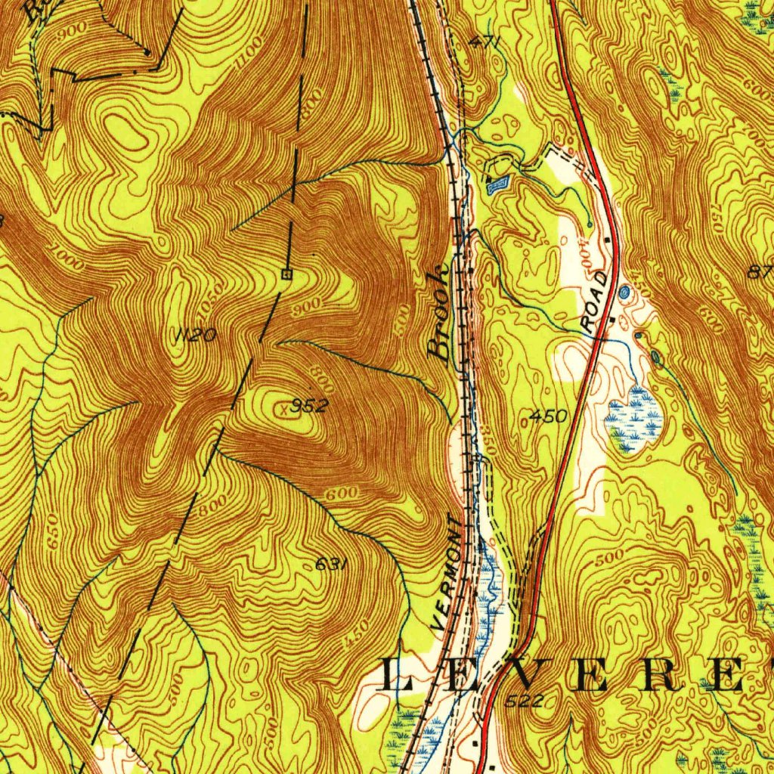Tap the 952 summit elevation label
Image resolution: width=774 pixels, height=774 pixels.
[311, 407]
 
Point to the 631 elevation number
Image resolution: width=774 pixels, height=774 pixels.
[330, 565]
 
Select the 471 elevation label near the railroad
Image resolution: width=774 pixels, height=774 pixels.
[484, 43]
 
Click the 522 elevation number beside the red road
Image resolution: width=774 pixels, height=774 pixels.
[523, 701]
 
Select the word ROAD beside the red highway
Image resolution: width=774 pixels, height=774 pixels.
[596, 302]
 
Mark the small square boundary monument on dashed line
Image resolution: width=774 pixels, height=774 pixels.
[286, 274]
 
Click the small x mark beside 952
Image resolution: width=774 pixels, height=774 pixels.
[283, 409]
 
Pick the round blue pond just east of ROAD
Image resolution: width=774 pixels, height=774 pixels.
[624, 292]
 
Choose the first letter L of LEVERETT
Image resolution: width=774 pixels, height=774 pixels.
[399, 675]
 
